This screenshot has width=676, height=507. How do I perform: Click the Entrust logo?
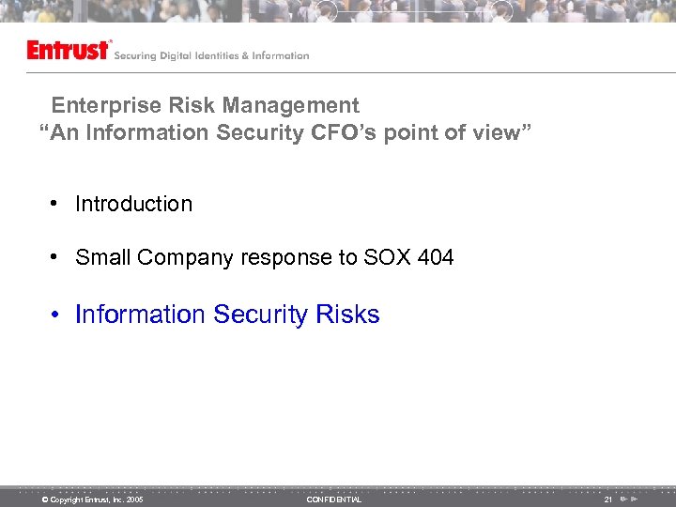tap(69, 51)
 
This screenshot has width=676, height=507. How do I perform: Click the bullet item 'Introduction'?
tap(133, 204)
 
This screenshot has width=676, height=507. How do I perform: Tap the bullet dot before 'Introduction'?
tap(57, 205)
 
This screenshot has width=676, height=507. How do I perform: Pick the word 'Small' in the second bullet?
tap(103, 257)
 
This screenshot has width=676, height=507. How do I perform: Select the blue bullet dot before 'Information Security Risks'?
tap(57, 315)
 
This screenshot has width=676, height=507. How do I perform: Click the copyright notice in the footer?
tap(92, 499)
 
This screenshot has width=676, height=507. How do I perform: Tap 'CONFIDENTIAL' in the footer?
tap(333, 499)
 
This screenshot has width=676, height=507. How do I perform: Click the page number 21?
tap(607, 499)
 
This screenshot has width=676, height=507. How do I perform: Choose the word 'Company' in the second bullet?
tap(181, 257)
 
